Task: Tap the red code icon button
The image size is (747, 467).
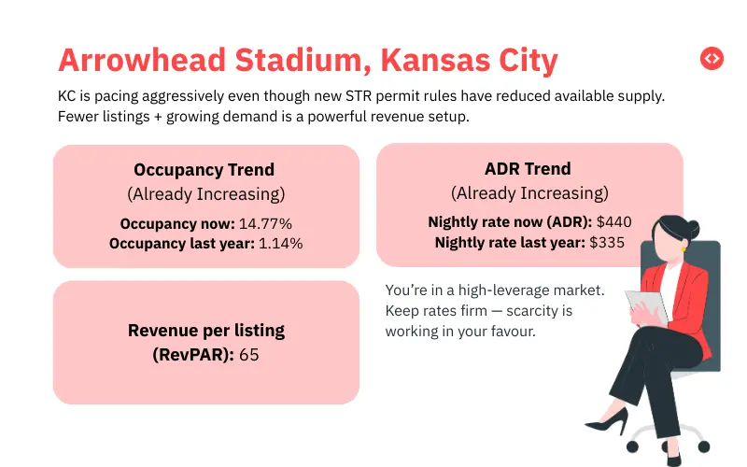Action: (712, 58)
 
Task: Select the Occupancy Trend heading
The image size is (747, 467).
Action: (204, 170)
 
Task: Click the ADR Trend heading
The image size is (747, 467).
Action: (529, 169)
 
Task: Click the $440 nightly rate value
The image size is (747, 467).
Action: (616, 222)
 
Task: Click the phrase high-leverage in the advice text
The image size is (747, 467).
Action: (519, 290)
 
